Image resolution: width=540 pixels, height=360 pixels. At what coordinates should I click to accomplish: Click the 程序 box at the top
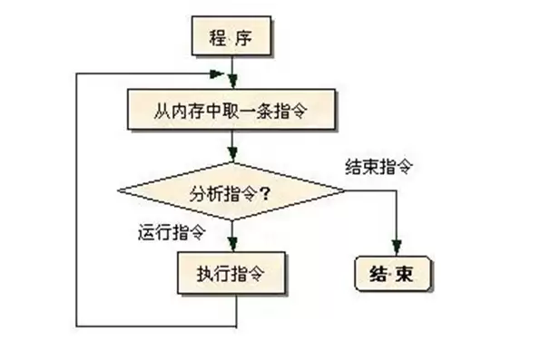(231, 35)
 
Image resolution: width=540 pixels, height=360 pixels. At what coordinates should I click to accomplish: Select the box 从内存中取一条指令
(231, 110)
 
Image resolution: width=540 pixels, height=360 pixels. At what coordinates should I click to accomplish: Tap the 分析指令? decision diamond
(231, 191)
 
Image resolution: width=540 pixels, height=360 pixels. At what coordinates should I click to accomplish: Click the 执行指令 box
(231, 273)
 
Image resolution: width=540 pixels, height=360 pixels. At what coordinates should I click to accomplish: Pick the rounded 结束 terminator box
(393, 274)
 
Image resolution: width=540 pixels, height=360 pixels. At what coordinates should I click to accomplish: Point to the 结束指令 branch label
(378, 167)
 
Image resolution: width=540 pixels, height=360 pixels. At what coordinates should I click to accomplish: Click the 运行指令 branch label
(172, 232)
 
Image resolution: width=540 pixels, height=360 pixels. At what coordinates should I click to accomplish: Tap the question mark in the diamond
(265, 195)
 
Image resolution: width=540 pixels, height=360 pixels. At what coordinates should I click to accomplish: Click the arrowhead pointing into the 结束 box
(397, 248)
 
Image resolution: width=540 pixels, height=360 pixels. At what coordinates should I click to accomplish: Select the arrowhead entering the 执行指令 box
(233, 244)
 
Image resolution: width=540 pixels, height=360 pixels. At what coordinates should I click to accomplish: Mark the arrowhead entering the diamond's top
(233, 153)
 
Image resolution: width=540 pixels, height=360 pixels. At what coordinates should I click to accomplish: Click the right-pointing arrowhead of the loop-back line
(217, 73)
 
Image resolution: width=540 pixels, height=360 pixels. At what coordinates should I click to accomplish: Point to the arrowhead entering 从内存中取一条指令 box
(233, 82)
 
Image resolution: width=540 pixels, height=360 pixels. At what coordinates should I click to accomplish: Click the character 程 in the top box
(218, 37)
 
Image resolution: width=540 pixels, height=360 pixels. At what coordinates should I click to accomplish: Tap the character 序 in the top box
(244, 37)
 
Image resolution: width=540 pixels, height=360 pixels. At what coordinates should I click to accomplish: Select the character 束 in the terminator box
(404, 274)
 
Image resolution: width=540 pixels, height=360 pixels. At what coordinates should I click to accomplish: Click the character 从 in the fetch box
(162, 111)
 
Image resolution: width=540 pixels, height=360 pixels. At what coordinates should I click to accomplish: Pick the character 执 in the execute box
(205, 274)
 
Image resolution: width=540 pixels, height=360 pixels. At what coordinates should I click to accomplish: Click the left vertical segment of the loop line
(76, 199)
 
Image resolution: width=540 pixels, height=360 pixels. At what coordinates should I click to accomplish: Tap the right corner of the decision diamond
(345, 190)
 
